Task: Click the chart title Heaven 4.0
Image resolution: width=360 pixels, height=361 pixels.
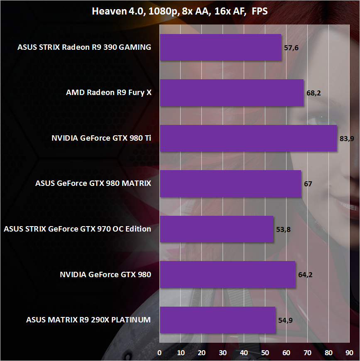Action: click(x=180, y=11)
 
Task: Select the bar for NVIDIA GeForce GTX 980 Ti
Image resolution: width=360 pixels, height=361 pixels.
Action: click(x=248, y=138)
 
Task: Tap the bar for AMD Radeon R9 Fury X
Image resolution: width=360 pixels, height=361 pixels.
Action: click(x=231, y=93)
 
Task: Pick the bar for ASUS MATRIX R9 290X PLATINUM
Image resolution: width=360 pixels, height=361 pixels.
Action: click(x=217, y=320)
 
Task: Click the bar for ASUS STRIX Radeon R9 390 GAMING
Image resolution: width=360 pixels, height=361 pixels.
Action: click(x=220, y=47)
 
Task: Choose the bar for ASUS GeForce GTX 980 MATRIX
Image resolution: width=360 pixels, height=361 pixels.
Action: click(x=230, y=183)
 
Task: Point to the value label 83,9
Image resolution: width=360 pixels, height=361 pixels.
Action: click(x=346, y=139)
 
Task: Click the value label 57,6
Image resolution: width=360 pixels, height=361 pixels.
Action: click(x=291, y=48)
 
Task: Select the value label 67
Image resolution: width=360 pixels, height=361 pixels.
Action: click(x=308, y=184)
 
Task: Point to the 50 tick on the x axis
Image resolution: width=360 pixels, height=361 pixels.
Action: click(x=265, y=353)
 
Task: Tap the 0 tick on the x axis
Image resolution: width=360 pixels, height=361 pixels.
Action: click(x=159, y=353)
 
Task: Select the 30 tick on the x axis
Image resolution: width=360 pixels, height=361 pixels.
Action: click(x=223, y=353)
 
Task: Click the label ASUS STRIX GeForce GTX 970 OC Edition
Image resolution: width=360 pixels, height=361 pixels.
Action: click(x=77, y=229)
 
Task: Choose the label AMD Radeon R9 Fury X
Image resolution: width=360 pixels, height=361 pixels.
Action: click(x=109, y=93)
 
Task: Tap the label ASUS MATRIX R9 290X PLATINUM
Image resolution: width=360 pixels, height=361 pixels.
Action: click(x=88, y=320)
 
